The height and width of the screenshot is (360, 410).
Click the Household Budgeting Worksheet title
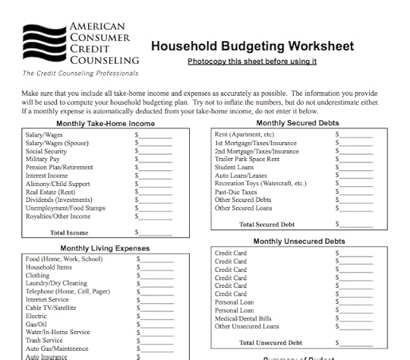(252, 46)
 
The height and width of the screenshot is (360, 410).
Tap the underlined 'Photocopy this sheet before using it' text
(252, 62)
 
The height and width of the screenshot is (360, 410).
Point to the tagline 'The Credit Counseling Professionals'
(71, 74)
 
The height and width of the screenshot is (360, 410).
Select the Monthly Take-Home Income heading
(106, 123)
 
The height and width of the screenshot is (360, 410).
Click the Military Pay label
(43, 159)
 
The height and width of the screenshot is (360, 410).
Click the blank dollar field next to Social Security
(156, 151)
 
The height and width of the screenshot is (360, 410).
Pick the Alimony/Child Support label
(58, 184)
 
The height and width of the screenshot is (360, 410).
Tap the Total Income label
(69, 232)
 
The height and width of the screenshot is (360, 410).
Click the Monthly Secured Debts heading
(298, 123)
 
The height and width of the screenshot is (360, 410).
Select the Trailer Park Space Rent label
(247, 159)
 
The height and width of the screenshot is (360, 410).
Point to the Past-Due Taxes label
(236, 192)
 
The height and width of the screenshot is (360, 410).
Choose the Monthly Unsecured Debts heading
(298, 242)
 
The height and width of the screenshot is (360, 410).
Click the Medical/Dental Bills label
(243, 318)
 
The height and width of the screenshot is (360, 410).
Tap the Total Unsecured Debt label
(270, 343)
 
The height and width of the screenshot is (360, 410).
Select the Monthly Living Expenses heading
(105, 248)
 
